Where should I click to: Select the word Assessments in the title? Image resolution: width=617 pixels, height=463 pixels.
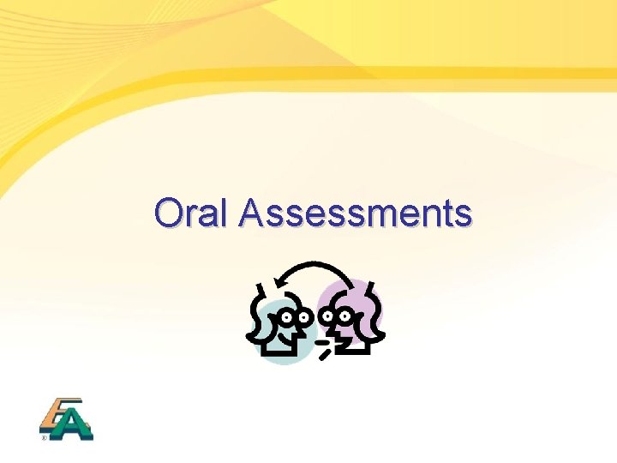coord(356,213)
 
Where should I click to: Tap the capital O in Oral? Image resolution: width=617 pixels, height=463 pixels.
coord(170,213)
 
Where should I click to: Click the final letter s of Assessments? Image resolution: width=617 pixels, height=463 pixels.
coord(463,215)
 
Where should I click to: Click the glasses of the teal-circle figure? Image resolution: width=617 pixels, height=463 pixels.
coord(297,317)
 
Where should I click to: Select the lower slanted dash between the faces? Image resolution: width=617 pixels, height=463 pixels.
coord(325,352)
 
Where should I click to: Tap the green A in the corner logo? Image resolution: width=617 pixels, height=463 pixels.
coord(74,424)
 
